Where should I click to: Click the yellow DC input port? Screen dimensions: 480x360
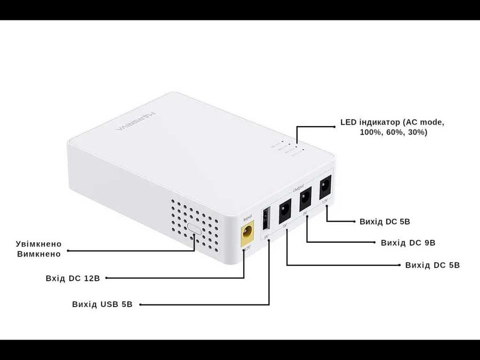pyautogui.click(x=247, y=232)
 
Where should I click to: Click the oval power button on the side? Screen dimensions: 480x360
pyautogui.click(x=194, y=228)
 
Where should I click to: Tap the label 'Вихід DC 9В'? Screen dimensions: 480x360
pyautogui.click(x=408, y=242)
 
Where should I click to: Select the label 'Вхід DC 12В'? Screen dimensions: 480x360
pyautogui.click(x=73, y=278)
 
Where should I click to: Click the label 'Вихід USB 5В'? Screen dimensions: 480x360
pyautogui.click(x=102, y=304)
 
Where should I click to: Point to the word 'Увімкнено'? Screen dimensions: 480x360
pyautogui.click(x=39, y=244)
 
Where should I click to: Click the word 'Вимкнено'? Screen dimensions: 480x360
pyautogui.click(x=39, y=254)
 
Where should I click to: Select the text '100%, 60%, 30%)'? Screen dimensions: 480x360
pyautogui.click(x=394, y=132)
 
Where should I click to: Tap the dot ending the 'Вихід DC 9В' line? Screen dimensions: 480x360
pyautogui.click(x=374, y=242)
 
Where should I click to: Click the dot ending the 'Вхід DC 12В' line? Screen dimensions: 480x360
pyautogui.click(x=106, y=278)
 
